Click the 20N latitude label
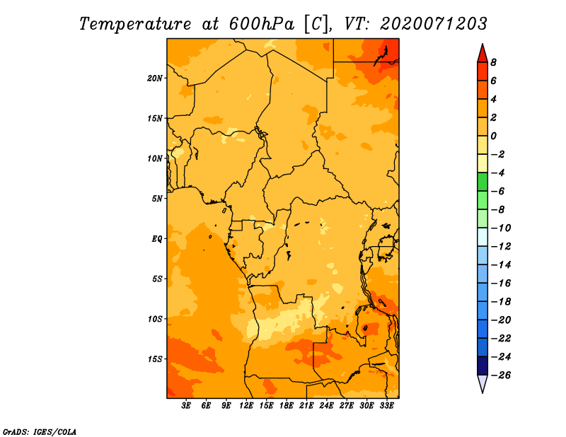coord(155,78)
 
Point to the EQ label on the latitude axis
coord(156,239)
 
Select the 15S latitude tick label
coord(155,359)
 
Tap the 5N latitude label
coord(157,199)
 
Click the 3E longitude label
coord(186,406)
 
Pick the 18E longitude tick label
coord(287,406)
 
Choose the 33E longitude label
coord(386,406)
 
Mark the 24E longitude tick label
coord(326,406)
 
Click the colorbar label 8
coord(493,62)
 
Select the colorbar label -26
coord(501,375)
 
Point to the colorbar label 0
coord(493,136)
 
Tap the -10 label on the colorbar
coord(501,228)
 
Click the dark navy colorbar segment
coord(483,366)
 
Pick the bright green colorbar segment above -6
coord(483,182)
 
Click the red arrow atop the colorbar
coord(483,53)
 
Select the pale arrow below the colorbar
coord(483,384)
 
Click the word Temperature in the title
coord(135,24)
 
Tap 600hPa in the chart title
coord(261,24)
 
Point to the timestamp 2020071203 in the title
coord(434,24)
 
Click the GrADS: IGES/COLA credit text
coord(40,431)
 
